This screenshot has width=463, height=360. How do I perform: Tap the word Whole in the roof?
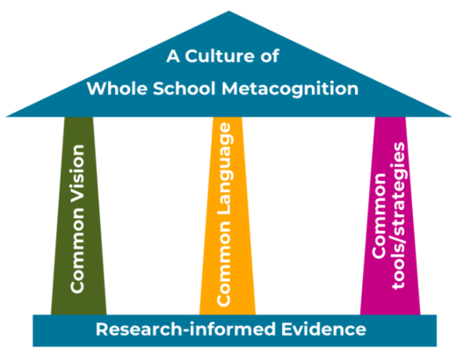(x=117, y=88)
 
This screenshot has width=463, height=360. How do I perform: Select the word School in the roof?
(x=184, y=88)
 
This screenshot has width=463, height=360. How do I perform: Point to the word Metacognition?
(x=290, y=90)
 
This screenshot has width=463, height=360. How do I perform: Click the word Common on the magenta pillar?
(x=379, y=216)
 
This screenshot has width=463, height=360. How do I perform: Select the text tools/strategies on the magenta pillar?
(x=399, y=216)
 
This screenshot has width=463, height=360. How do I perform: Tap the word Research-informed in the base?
(x=186, y=329)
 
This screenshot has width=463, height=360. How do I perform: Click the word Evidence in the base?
(x=323, y=329)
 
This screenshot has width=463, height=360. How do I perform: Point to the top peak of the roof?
(x=228, y=11)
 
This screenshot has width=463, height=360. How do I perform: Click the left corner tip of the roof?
(x=6, y=117)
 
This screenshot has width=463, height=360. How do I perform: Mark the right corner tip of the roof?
(x=452, y=117)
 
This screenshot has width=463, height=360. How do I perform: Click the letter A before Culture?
(x=173, y=56)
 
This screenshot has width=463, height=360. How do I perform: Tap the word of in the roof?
(x=270, y=56)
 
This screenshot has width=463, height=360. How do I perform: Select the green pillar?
(x=78, y=216)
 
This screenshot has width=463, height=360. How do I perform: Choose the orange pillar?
(x=228, y=216)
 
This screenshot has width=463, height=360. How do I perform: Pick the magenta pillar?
(x=390, y=216)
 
